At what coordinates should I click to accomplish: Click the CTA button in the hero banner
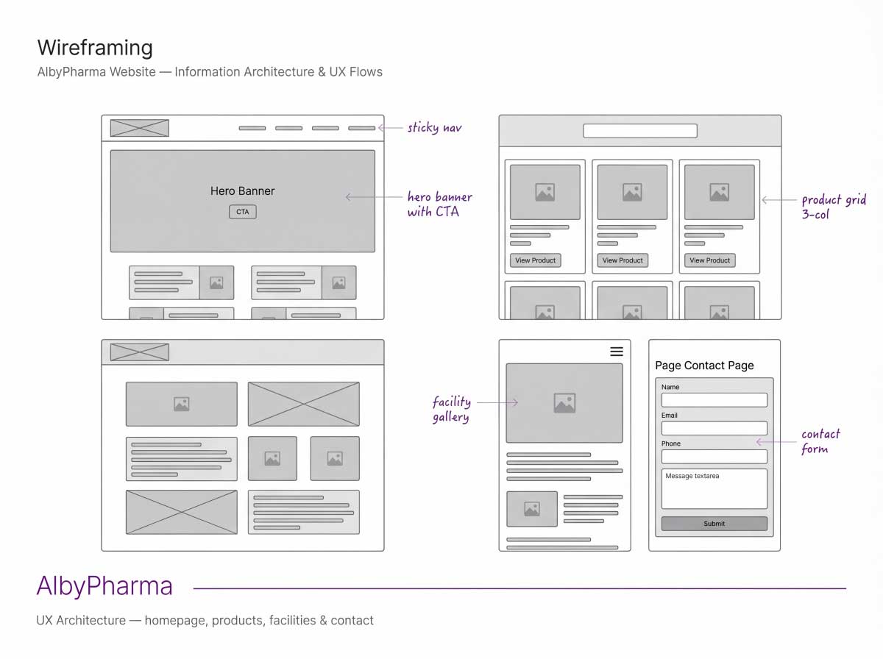pos(243,212)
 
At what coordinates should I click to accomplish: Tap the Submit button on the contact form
pos(714,524)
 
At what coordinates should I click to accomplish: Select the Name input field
pos(714,400)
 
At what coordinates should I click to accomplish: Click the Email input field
pos(714,428)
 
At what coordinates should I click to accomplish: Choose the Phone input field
pos(714,456)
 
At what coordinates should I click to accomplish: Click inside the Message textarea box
pos(714,489)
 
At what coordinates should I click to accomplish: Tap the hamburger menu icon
pos(617,352)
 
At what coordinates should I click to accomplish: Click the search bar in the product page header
pos(639,131)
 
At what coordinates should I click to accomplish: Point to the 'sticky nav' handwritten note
pos(435,128)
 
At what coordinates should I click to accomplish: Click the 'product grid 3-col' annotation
pos(834,207)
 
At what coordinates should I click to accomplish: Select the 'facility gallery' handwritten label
pos(451,409)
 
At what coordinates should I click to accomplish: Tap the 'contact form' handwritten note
pos(820,441)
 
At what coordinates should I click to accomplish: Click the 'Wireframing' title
pos(95,48)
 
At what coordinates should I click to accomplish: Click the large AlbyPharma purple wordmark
pos(104,586)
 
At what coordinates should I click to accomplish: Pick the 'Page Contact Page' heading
pos(704,366)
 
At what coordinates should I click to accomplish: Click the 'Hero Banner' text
pos(242,191)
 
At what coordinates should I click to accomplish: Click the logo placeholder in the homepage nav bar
pos(140,128)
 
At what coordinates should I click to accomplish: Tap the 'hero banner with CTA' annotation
pos(439,204)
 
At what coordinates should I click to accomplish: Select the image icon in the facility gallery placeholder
pos(564,402)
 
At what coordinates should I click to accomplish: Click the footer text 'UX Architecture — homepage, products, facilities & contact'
pos(205,621)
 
